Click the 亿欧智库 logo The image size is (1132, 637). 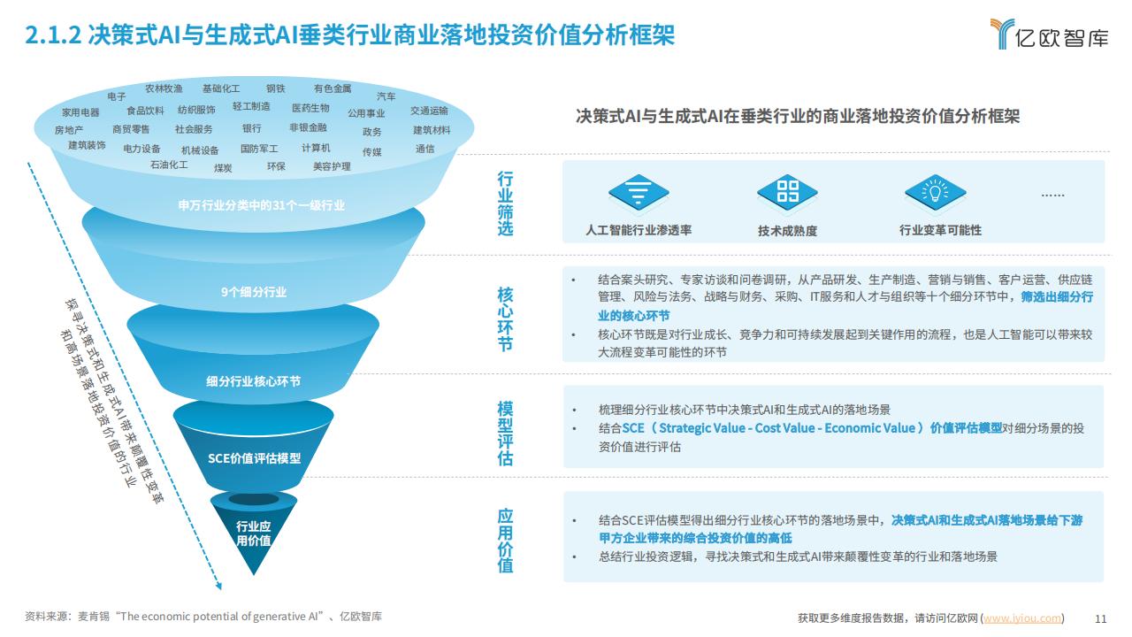(x=1049, y=35)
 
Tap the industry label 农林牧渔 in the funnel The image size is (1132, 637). (x=164, y=88)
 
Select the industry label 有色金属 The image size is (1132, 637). (x=333, y=88)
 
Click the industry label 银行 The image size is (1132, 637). (x=252, y=128)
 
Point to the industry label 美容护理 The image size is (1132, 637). (x=332, y=166)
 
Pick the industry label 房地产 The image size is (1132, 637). (x=69, y=130)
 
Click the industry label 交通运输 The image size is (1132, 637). (x=429, y=111)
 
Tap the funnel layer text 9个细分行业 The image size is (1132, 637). (x=254, y=292)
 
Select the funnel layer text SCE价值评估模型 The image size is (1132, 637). (x=254, y=458)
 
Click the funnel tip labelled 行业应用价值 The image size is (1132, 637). (x=254, y=533)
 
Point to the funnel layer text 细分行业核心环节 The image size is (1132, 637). (x=253, y=381)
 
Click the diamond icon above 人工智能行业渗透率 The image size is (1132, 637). (x=639, y=193)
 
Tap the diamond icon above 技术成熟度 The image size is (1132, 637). (x=787, y=193)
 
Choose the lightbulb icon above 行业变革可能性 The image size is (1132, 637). (x=936, y=193)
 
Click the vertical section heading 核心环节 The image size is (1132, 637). (x=505, y=319)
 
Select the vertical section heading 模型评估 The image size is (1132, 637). (x=505, y=434)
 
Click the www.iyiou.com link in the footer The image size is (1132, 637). (x=1021, y=618)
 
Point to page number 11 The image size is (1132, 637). (x=1101, y=618)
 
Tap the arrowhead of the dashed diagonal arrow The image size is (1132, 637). (x=218, y=587)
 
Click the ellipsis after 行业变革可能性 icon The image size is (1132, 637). (x=1052, y=196)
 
